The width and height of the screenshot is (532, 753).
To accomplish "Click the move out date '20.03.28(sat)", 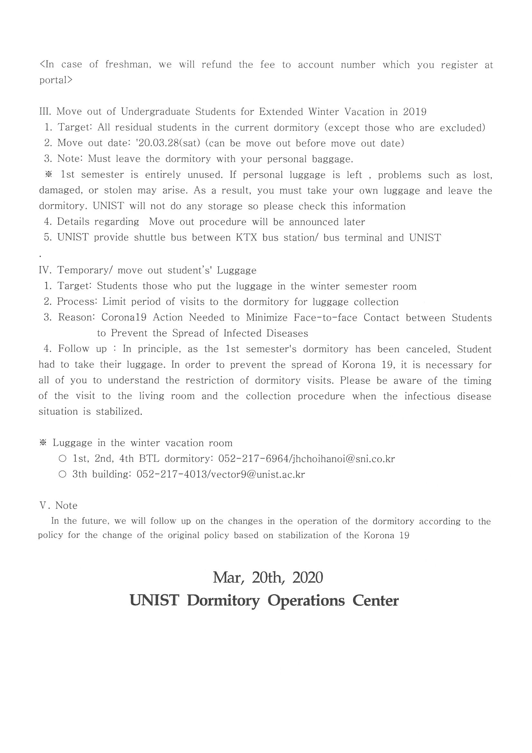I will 167,143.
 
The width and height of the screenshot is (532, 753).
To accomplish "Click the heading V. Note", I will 58,505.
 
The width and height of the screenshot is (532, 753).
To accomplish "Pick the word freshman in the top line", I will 128,64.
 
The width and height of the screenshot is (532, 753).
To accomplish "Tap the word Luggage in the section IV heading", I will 237,270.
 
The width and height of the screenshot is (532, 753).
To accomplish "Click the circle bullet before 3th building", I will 62,474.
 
